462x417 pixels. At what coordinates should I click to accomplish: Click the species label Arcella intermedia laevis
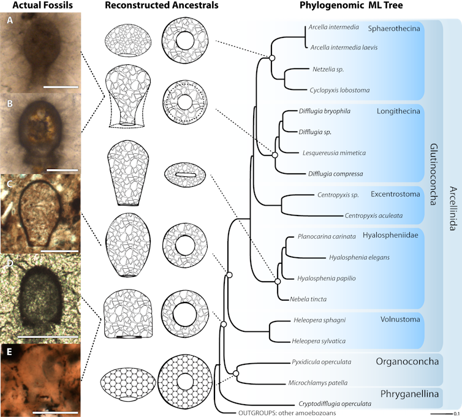[344, 47]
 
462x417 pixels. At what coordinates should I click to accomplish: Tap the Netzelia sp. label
[328, 70]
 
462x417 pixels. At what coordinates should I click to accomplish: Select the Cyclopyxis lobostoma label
[339, 91]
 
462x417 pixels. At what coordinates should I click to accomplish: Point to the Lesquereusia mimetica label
[334, 153]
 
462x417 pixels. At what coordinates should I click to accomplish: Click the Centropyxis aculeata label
[374, 216]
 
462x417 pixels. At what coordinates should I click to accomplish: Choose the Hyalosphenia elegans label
[359, 258]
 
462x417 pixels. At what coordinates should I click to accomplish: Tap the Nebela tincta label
[308, 299]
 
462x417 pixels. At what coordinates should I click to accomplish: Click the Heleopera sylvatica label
[319, 341]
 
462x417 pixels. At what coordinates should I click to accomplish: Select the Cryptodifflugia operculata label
[335, 404]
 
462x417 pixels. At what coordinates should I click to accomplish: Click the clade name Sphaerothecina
[394, 29]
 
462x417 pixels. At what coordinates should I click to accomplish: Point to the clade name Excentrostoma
[395, 194]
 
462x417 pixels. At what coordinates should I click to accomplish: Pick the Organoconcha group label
[407, 362]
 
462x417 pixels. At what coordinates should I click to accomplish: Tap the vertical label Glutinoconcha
[433, 174]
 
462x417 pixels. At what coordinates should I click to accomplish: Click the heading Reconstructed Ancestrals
[162, 5]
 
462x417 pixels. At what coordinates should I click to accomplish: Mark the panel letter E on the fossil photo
[9, 351]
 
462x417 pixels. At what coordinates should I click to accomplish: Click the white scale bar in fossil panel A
[61, 87]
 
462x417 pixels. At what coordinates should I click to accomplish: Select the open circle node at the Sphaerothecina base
[272, 58]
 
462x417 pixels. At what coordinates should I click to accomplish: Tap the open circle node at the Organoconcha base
[236, 374]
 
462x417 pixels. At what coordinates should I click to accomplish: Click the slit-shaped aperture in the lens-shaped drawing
[186, 175]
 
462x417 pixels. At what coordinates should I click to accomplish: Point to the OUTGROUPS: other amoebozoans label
[287, 413]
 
